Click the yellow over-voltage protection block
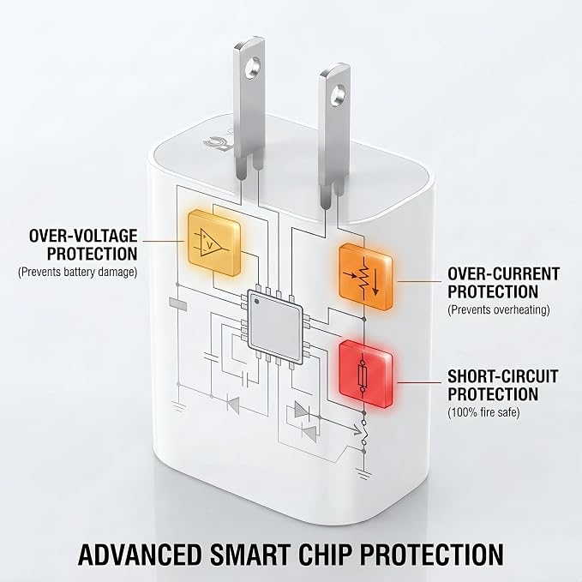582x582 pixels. click(213, 243)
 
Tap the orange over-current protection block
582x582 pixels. click(366, 277)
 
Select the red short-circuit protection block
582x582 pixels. click(366, 374)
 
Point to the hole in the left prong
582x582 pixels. click(252, 68)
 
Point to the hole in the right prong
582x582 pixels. click(339, 93)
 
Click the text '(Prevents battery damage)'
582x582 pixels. click(78, 272)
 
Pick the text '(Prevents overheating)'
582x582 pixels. click(499, 309)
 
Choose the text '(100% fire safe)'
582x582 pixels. click(483, 412)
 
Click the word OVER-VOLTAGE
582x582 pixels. click(83, 236)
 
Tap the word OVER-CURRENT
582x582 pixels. click(503, 274)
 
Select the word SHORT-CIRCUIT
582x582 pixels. click(503, 376)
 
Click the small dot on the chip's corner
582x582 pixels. click(257, 302)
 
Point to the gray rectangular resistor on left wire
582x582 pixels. click(177, 303)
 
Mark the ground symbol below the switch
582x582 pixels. click(364, 473)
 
